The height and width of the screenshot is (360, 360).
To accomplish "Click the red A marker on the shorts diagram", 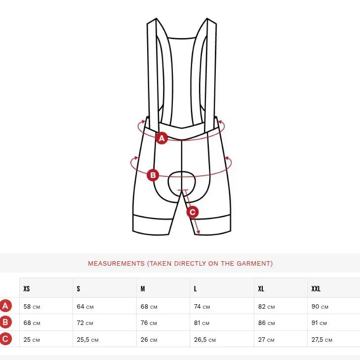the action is point(161,138).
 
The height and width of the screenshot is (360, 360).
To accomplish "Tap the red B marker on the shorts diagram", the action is point(153,175).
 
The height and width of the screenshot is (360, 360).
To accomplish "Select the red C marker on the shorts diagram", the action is point(193,212).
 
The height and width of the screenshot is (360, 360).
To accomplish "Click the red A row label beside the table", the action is point(5,306).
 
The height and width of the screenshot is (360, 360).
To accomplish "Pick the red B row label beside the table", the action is point(5,322).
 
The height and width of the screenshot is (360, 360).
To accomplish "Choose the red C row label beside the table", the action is point(5,339).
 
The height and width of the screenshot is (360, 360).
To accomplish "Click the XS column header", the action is point(27,288).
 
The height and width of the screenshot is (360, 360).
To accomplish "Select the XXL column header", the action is point(316,288).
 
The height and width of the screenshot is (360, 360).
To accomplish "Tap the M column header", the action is point(143,288).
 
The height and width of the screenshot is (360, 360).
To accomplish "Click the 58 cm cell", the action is point(32,307).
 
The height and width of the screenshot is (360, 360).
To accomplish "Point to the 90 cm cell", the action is point(320,307).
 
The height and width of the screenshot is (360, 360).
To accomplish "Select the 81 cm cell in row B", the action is point(201,323).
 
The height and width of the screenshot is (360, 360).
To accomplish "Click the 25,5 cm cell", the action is point(88,340).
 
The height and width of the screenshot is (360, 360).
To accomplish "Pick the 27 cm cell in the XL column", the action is point(266,340).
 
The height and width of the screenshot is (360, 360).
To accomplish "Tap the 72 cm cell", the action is point(85,323).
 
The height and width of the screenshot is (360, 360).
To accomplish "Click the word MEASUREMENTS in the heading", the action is point(116,263).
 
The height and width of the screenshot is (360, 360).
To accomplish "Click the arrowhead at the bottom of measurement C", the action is point(198,233).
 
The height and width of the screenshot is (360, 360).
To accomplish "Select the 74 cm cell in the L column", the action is point(202,307).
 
